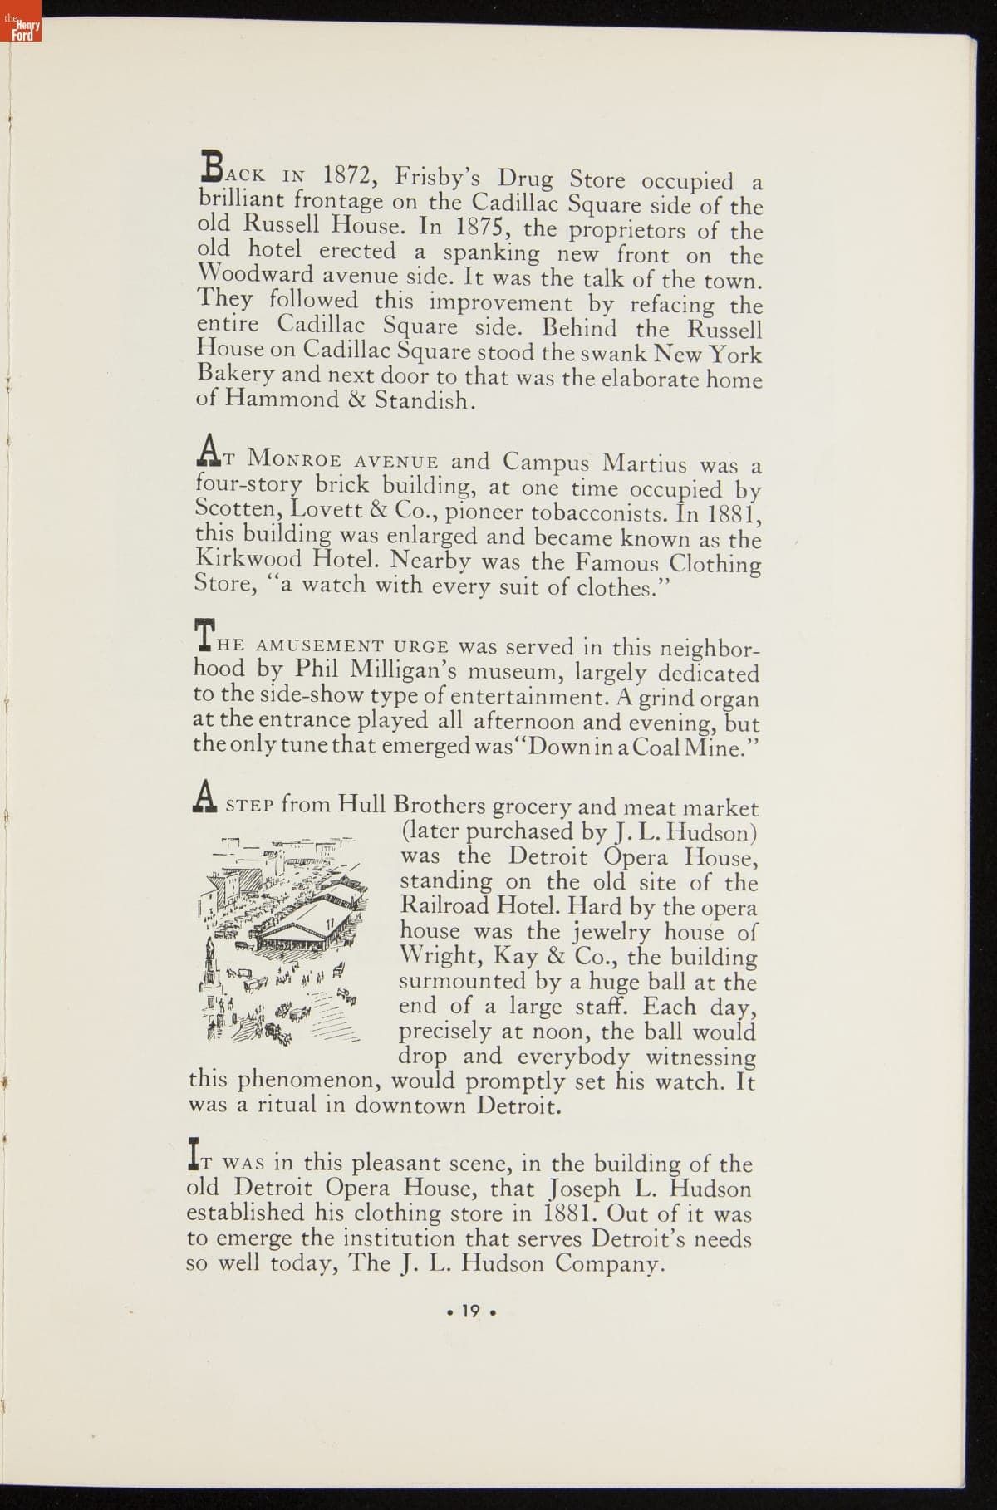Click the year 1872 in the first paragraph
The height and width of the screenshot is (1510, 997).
351,176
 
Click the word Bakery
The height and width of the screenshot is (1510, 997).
234,375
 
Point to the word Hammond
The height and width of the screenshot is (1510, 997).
277,400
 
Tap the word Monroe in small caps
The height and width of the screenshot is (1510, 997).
289,458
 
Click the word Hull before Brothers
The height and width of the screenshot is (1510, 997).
363,805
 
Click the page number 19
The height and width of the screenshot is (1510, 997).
470,1311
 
